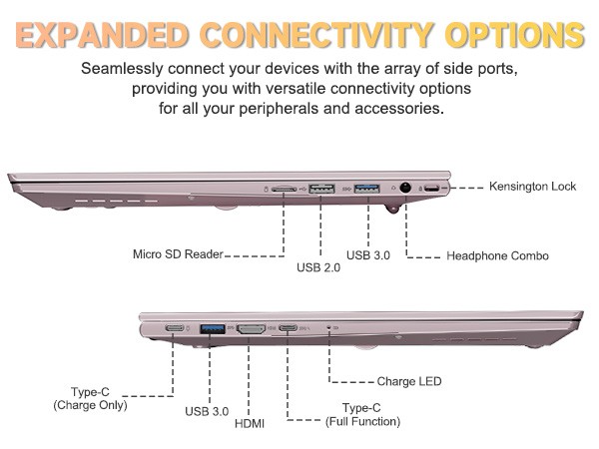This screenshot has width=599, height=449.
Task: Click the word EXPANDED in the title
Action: [102, 36]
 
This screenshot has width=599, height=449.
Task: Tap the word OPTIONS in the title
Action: [515, 35]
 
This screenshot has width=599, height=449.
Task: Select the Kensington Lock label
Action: [532, 187]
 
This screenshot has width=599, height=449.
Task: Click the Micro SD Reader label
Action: [178, 254]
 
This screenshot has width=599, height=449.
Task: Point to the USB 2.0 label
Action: [318, 267]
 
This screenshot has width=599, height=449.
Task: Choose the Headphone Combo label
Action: [497, 255]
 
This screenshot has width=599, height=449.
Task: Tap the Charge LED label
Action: [409, 381]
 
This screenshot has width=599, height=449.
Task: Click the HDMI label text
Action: [250, 423]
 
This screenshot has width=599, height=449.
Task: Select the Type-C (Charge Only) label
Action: [90, 398]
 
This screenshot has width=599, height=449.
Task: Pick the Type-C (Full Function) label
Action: [362, 415]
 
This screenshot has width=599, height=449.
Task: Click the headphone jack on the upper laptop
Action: [405, 188]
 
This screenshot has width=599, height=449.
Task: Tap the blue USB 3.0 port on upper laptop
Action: [366, 189]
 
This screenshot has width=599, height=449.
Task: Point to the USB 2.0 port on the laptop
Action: [321, 189]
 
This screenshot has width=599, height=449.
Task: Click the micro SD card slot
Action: [284, 189]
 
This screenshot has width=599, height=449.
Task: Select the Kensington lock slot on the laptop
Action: [432, 189]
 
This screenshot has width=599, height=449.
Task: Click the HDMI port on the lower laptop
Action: [251, 329]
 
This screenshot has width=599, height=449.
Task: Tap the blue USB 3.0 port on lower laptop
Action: [213, 328]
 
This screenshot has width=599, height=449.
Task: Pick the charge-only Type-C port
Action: [175, 328]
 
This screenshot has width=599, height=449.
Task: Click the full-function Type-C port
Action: [289, 328]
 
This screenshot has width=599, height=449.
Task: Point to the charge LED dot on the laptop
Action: [328, 327]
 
